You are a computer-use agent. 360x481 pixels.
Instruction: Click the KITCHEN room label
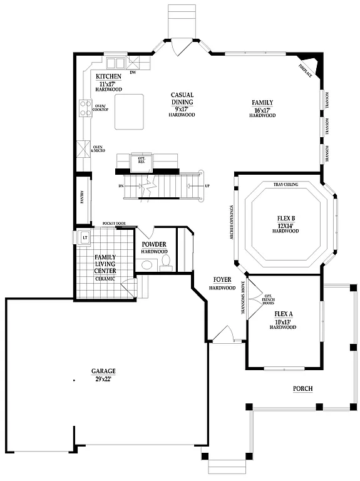108,76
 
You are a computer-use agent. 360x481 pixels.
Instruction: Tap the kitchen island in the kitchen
129,111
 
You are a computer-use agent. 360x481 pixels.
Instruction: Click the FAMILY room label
262,102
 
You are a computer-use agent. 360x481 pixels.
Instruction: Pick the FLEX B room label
285,219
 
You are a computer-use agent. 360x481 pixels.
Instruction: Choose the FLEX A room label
285,316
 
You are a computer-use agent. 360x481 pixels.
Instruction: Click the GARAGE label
103,371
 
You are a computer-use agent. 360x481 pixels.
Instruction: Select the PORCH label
303,389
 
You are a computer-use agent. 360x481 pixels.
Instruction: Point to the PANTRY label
81,197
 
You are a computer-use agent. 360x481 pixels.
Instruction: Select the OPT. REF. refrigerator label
141,160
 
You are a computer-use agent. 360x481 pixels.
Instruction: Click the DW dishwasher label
133,72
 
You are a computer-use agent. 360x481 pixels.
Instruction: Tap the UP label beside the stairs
207,186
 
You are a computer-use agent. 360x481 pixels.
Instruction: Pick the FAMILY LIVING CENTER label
105,264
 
